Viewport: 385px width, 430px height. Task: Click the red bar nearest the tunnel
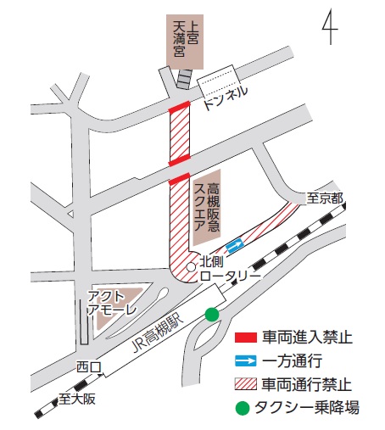pos(179,109)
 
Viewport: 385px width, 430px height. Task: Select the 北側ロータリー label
pos(227,271)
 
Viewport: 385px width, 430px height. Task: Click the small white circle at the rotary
pos(192,266)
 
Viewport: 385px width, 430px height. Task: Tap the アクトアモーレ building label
pos(111,303)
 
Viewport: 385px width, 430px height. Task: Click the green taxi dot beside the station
pos(212,315)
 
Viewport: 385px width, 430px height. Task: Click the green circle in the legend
pos(244,408)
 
